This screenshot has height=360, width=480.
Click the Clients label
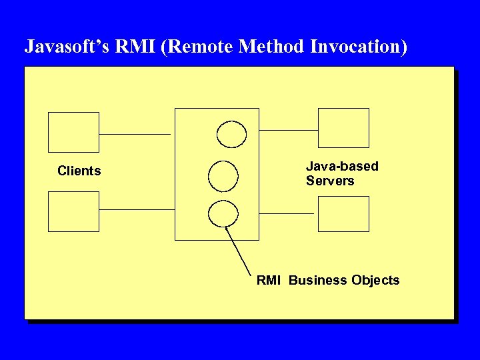click(79, 171)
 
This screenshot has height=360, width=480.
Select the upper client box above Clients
click(73, 132)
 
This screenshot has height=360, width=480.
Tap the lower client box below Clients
click(73, 211)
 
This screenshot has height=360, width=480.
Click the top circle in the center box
click(232, 133)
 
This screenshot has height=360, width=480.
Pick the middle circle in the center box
click(223, 175)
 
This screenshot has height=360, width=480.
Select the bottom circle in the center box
click(223, 213)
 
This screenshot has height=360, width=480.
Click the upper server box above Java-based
click(343, 127)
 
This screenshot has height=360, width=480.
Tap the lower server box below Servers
click(343, 213)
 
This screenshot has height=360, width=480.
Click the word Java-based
click(342, 166)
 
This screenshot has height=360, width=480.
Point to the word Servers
click(330, 181)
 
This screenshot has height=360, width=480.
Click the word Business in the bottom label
click(318, 281)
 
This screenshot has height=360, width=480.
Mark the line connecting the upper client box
click(135, 134)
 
